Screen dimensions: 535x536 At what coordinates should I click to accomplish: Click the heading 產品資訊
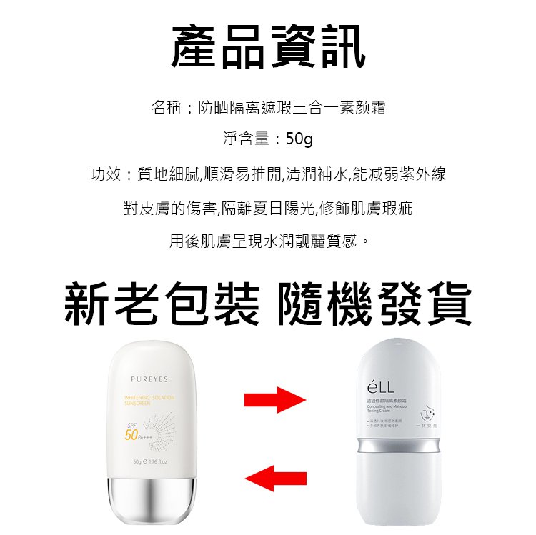[x=269, y=46]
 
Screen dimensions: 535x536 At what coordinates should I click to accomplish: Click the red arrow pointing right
[x=275, y=399]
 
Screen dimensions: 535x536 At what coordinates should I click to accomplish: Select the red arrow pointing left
[x=275, y=476]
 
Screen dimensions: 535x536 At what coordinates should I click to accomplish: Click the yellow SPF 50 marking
[x=133, y=433]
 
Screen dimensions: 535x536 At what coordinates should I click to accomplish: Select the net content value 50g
[x=299, y=139]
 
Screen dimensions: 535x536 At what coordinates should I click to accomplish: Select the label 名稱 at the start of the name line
[x=167, y=108]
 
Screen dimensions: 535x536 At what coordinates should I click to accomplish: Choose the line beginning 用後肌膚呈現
[x=269, y=241]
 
